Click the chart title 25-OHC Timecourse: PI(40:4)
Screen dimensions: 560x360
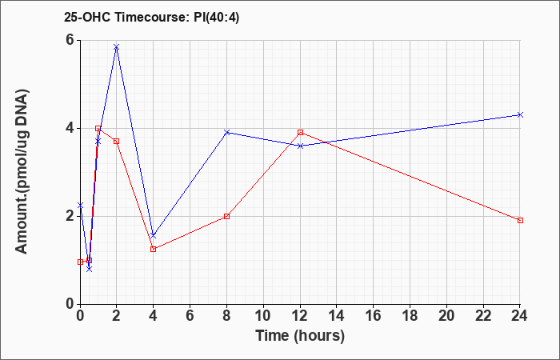[151, 17]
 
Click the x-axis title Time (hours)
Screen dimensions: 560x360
[300, 336]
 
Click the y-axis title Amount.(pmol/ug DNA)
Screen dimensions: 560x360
[22, 171]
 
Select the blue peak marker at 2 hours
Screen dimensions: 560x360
[117, 47]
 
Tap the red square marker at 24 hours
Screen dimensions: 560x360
[520, 220]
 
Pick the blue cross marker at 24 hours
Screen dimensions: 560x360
[520, 114]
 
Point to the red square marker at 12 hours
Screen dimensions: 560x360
[300, 133]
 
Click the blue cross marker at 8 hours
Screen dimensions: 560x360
[226, 133]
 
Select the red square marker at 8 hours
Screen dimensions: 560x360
[226, 217]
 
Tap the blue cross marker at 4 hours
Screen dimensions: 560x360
[154, 235]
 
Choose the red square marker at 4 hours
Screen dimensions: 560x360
[154, 250]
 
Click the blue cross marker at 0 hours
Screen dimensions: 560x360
[80, 206]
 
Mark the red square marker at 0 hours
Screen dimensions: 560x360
[80, 262]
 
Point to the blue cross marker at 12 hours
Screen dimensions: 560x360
[300, 146]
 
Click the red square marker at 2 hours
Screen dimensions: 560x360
[117, 142]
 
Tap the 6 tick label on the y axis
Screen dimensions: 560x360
[70, 40]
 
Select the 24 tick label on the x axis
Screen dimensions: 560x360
[520, 316]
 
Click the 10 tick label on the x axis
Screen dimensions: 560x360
[263, 316]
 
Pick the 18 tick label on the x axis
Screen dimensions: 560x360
[410, 316]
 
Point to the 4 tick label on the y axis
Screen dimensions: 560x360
[70, 128]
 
